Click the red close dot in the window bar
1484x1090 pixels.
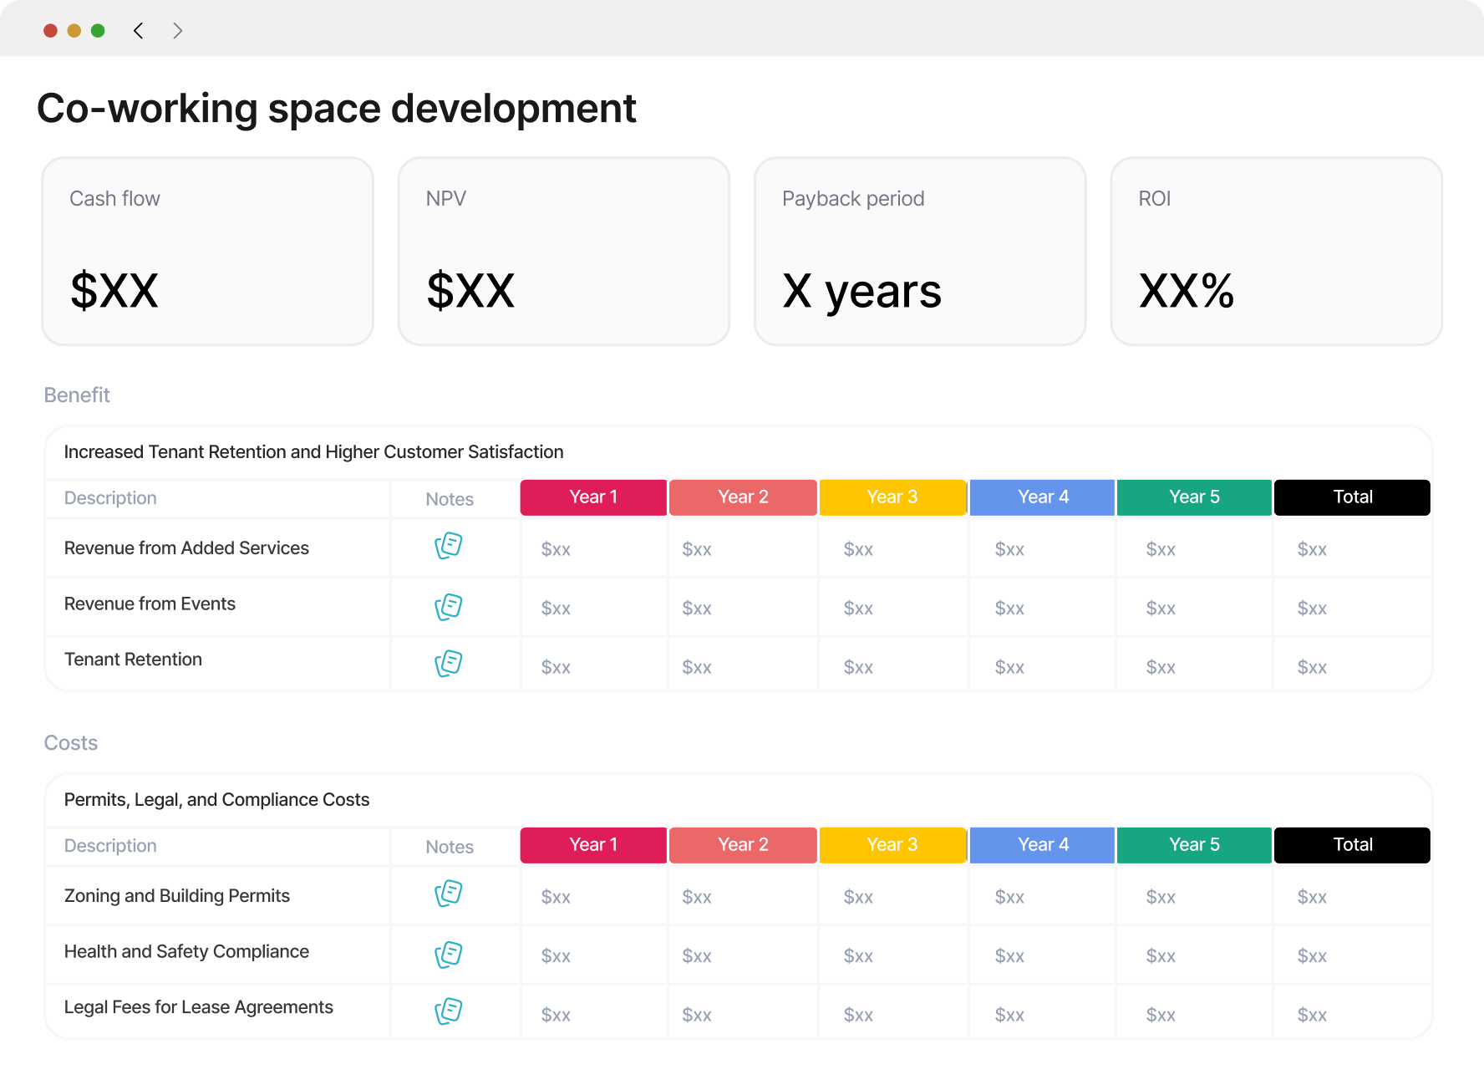(50, 31)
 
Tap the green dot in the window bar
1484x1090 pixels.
(98, 31)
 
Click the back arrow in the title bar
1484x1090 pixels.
(138, 31)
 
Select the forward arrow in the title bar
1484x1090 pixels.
(177, 31)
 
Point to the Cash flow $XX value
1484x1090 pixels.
(114, 291)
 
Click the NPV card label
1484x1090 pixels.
(446, 199)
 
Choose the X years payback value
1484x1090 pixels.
(861, 293)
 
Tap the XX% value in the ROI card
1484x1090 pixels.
(1187, 291)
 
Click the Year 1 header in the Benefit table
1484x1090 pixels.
(593, 497)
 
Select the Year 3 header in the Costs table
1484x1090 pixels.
(892, 845)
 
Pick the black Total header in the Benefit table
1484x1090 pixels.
(1352, 497)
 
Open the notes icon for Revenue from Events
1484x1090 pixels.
(449, 607)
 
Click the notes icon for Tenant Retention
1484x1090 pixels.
(449, 664)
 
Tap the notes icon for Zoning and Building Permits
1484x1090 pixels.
(449, 894)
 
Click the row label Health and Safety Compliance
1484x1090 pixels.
(186, 952)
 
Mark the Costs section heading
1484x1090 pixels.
(71, 743)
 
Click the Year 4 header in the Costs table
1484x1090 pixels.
(1043, 845)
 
